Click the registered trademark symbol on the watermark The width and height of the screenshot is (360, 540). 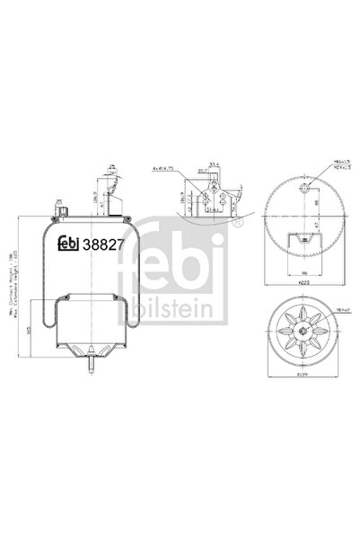[236, 224]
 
